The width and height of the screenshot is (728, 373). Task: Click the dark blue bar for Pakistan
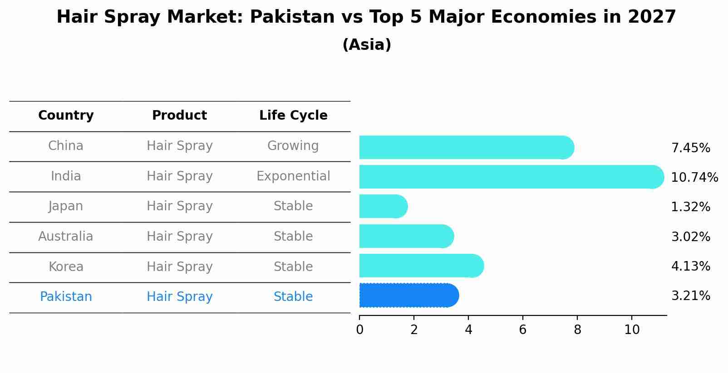point(408,295)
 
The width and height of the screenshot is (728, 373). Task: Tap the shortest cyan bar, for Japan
point(383,206)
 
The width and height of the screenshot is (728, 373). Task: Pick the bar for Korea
point(421,266)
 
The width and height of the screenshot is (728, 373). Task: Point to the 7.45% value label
point(690,148)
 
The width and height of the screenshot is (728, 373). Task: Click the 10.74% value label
point(694,178)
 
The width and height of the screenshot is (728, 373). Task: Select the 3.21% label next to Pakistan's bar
point(690,296)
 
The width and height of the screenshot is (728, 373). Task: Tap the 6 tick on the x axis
point(522,330)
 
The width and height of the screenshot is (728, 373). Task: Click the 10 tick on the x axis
point(631,330)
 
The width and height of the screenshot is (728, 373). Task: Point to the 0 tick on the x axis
point(359,330)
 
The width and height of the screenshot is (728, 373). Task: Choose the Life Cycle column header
point(293,116)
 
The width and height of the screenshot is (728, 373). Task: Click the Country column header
point(66,116)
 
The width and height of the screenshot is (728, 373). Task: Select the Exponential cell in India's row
point(293,176)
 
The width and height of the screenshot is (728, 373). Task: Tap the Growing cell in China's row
point(293,146)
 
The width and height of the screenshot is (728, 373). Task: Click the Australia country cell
point(66,237)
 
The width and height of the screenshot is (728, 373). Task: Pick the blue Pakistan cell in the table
point(66,297)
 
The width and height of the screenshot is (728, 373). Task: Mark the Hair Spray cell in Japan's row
point(179,206)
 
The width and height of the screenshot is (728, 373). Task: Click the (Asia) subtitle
point(366,45)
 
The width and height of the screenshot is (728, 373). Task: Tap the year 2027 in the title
point(652,17)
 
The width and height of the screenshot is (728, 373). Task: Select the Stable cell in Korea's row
point(293,267)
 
